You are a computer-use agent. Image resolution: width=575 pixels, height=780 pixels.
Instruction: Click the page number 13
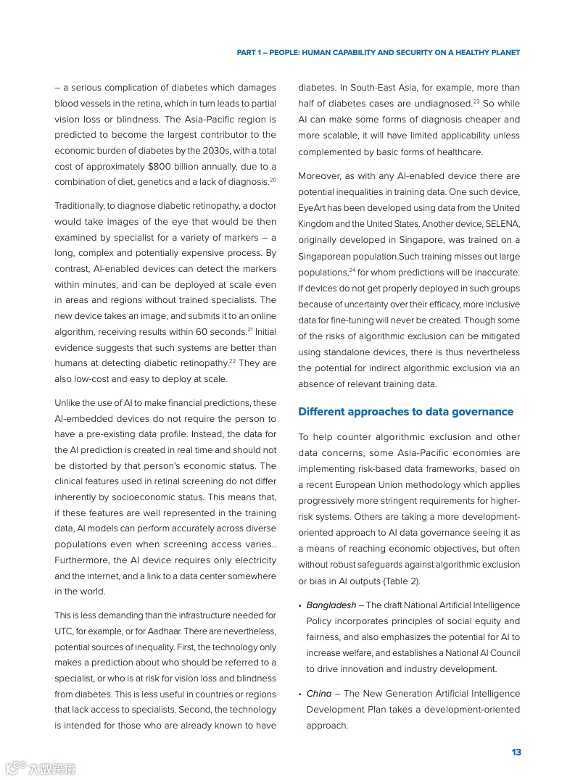(516, 752)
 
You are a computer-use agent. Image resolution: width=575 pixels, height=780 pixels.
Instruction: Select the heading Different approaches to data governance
(405, 412)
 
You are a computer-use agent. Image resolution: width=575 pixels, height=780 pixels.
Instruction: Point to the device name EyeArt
(313, 208)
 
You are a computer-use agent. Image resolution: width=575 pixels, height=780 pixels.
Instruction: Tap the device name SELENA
(502, 224)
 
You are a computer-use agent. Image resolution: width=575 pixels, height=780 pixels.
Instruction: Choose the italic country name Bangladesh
(331, 605)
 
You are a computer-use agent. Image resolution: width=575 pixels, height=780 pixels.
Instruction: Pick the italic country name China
(318, 694)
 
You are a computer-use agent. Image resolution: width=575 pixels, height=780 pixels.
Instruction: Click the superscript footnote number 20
(273, 179)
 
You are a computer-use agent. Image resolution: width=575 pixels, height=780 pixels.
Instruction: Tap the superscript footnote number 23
(477, 101)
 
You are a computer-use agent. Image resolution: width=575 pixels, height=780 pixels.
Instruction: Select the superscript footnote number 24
(352, 270)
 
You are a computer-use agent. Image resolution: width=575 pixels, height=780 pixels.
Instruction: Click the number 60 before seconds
(202, 332)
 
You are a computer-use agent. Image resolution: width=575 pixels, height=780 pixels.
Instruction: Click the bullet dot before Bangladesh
(300, 606)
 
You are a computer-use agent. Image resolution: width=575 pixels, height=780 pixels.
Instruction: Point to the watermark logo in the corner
(40, 768)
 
